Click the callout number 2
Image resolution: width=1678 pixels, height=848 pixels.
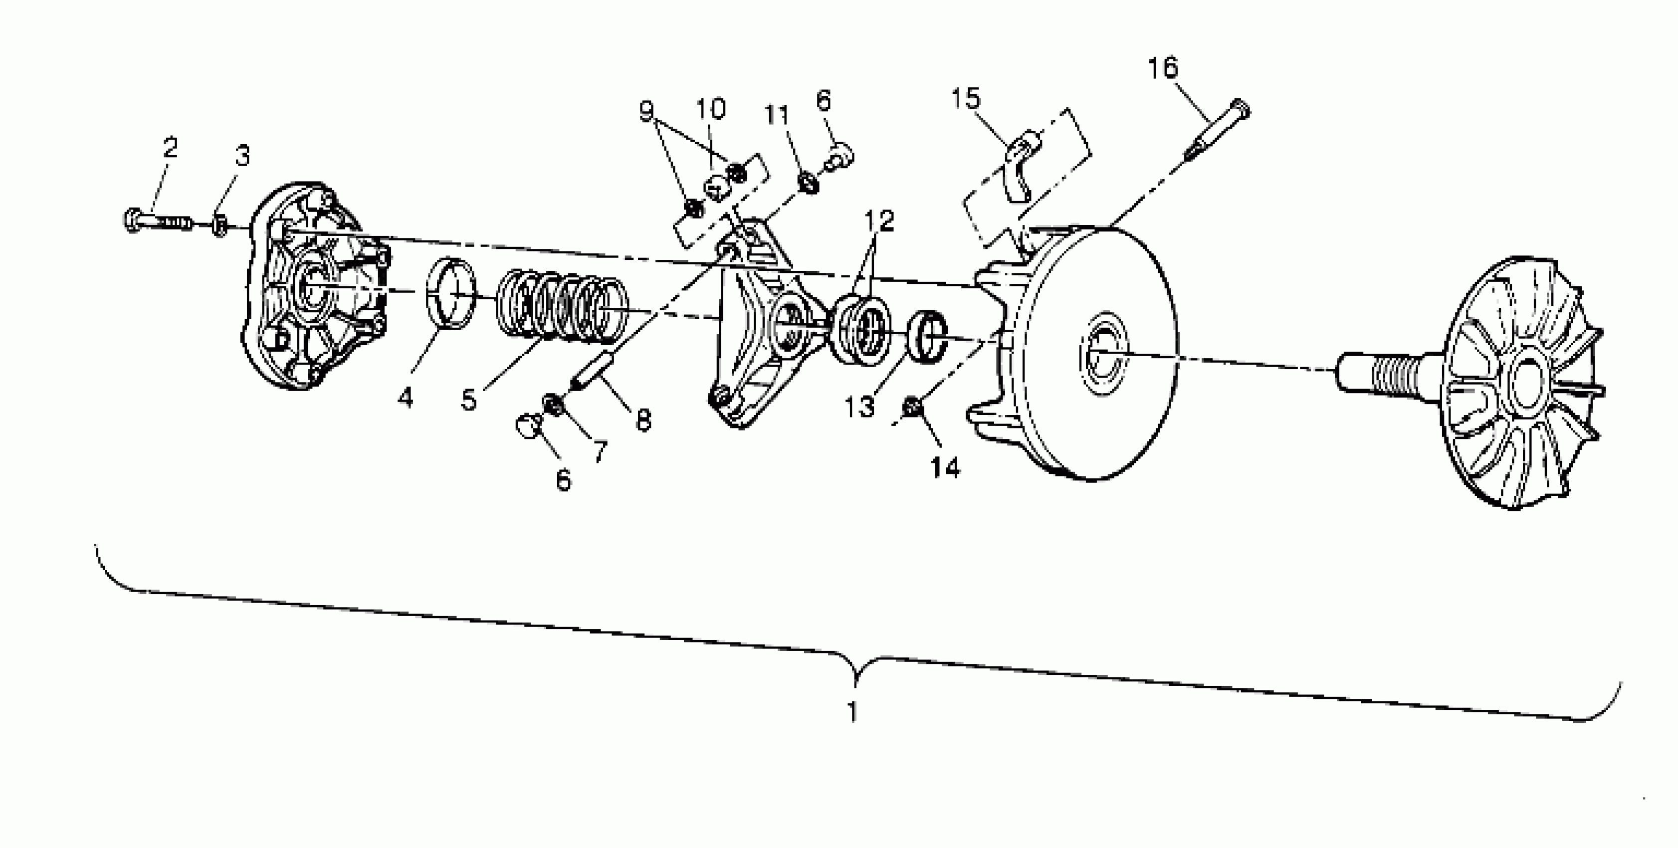[170, 148]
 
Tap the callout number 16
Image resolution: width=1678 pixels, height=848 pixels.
[1163, 68]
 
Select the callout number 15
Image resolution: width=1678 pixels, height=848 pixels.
[965, 99]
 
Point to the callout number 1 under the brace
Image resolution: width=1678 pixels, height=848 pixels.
[852, 711]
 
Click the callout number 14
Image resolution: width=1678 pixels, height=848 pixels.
[945, 467]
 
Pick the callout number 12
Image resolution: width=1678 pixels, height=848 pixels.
[879, 221]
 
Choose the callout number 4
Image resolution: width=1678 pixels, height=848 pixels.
[405, 396]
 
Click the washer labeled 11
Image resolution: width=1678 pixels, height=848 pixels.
[808, 183]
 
